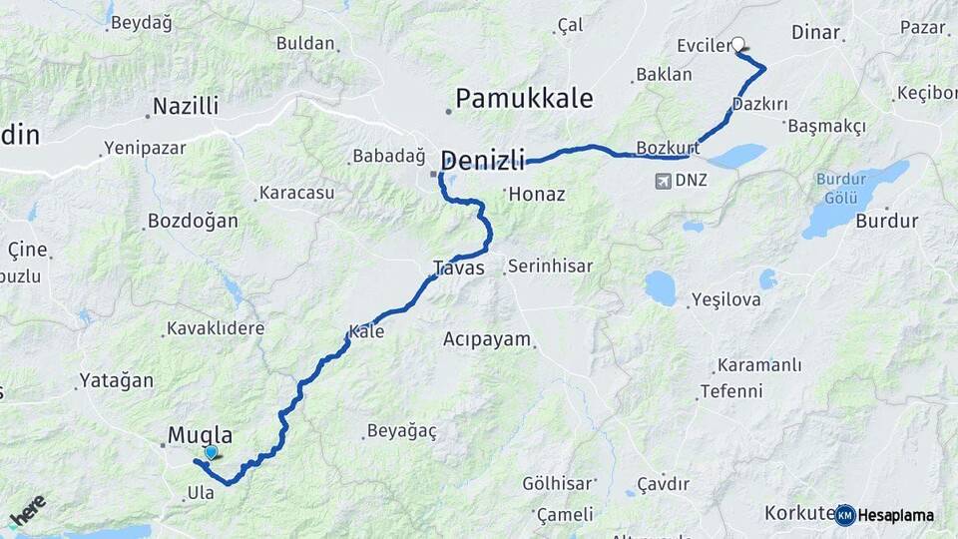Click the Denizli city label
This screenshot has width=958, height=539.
483,159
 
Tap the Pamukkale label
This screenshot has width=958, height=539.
524,99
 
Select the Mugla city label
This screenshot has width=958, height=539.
200,435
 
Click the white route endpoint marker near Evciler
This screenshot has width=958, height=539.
738,44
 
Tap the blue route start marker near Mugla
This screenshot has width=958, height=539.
211,453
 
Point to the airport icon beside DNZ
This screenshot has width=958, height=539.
664,181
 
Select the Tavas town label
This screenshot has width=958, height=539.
458,268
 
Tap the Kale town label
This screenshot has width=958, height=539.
366,331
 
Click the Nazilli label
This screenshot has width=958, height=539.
185,106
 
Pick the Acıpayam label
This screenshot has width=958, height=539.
487,339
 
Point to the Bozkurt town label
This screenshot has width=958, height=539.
668,148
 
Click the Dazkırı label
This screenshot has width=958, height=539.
759,104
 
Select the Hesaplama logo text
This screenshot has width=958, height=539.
896,515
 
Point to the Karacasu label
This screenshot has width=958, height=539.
296,193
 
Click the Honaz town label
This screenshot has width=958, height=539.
537,195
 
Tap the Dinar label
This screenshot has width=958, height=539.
815,32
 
